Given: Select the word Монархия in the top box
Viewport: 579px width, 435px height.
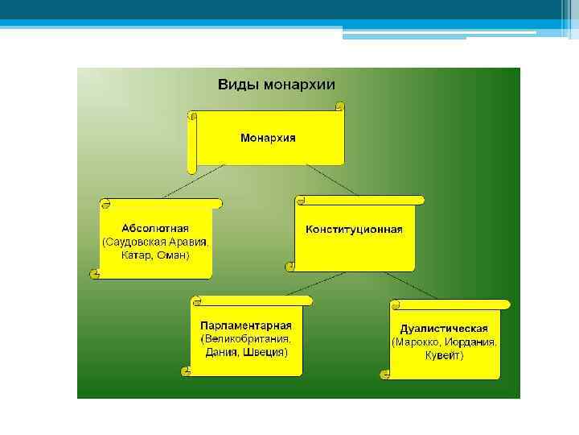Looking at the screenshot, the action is click(x=268, y=138).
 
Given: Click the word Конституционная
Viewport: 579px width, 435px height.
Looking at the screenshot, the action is click(x=354, y=230).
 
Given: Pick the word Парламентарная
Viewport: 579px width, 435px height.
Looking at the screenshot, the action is click(x=246, y=325).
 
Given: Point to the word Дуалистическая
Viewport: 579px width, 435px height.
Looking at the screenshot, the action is click(x=444, y=329).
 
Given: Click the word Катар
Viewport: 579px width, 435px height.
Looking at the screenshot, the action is click(x=135, y=255).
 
